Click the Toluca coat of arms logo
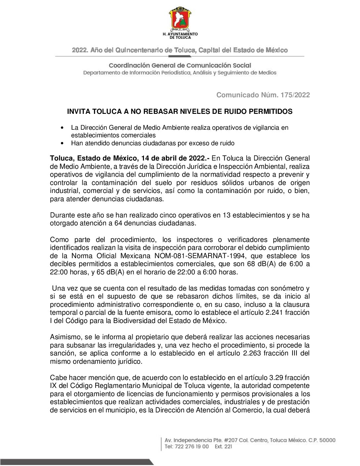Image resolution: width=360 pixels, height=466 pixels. coord(180,19)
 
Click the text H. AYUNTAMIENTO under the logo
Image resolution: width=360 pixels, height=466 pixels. coord(180,34)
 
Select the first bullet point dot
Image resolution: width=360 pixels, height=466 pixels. coord(62,128)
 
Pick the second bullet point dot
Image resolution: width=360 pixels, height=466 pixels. coord(62,143)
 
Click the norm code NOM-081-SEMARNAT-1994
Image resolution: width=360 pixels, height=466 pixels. coord(200,256)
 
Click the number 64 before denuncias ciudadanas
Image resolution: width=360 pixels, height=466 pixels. coord(118,223)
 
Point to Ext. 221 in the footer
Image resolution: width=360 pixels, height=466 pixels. coord(223,446)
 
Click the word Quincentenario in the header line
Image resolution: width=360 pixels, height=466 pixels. coord(139,50)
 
